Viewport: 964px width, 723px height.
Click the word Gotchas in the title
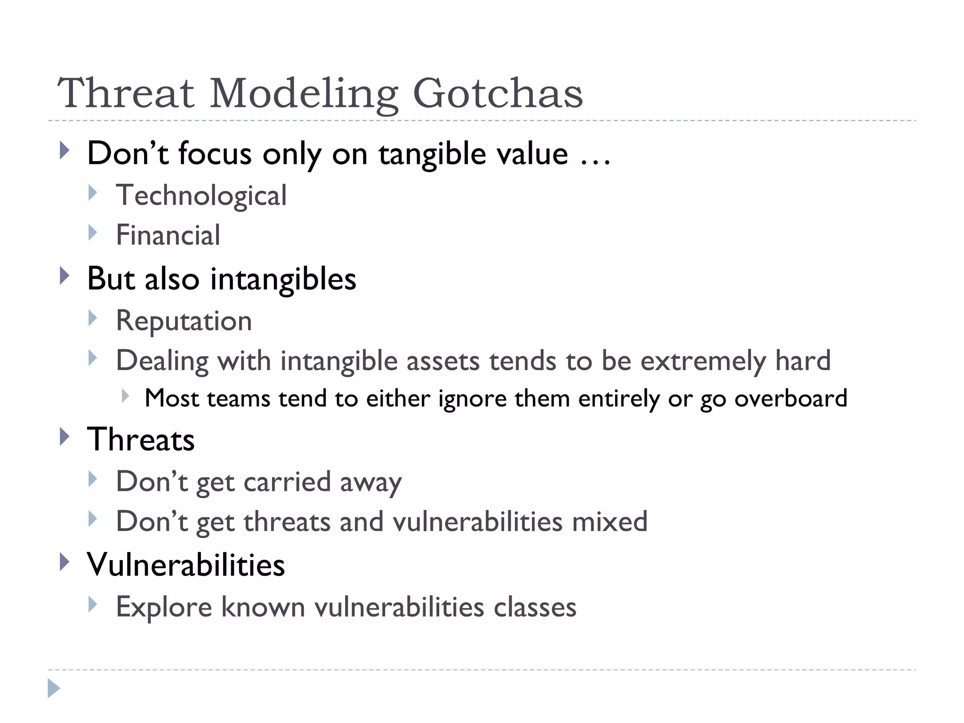(498, 93)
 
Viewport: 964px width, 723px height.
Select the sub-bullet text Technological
(201, 195)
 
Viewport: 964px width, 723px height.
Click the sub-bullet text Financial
(168, 235)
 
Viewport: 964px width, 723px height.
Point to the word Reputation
(184, 321)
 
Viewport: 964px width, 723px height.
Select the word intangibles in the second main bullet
(283, 280)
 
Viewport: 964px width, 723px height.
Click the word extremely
(703, 361)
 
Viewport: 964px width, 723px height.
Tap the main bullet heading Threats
(141, 440)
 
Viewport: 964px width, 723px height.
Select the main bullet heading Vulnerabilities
(186, 564)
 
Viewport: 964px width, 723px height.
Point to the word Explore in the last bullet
(164, 607)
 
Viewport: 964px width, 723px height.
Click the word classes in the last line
(535, 607)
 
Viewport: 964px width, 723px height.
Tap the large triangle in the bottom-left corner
(54, 688)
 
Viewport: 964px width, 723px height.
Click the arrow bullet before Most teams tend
(125, 396)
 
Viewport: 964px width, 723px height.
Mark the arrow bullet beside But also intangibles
(65, 276)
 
